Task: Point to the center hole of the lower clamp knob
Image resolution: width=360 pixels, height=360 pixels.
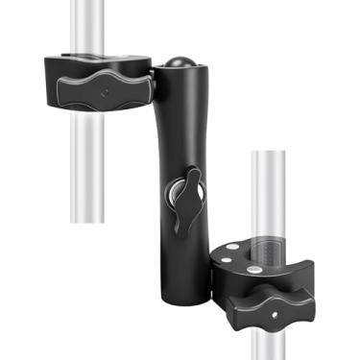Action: [275, 314]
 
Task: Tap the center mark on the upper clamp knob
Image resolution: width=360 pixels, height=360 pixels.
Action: [100, 94]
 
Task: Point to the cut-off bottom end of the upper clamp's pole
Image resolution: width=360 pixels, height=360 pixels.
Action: [89, 220]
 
